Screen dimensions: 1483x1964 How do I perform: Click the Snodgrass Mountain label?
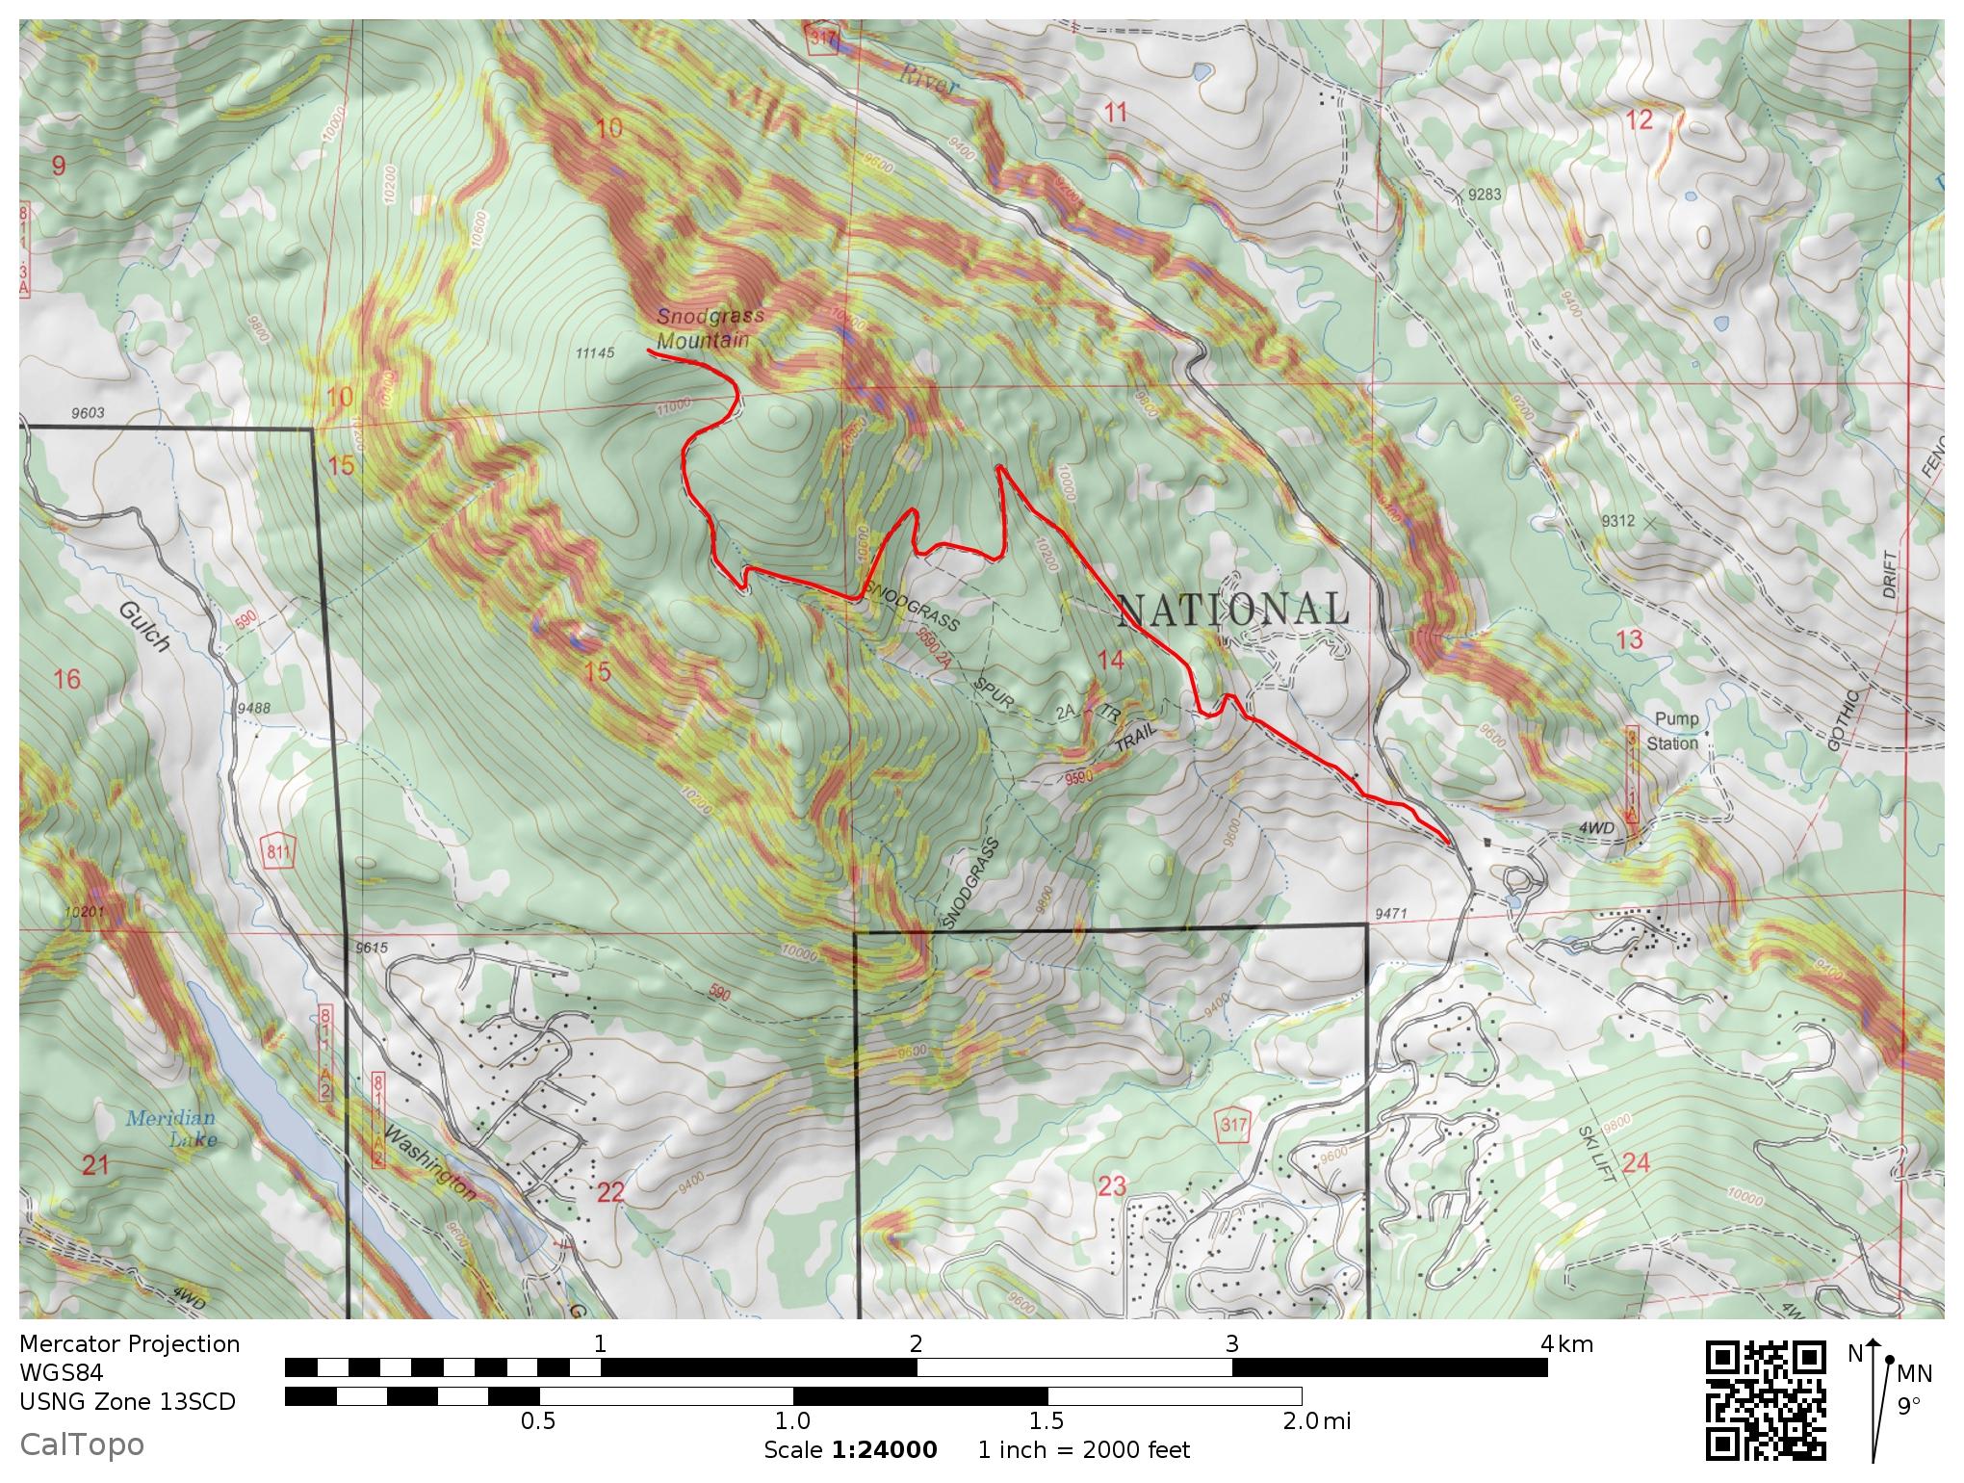[x=710, y=328]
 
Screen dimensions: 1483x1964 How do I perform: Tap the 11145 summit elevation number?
[x=594, y=353]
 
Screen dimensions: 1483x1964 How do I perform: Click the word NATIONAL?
[x=1232, y=610]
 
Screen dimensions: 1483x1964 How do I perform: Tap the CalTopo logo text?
[x=82, y=1444]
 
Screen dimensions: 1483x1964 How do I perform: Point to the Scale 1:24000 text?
[x=850, y=1450]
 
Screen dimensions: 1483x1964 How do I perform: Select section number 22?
[x=610, y=1192]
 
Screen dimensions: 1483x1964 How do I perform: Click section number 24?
[x=1636, y=1163]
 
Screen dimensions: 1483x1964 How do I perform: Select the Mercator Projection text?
[x=129, y=1344]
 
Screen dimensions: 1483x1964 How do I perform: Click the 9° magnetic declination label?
[x=1909, y=1406]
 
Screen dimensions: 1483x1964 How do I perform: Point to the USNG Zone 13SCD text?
[x=127, y=1401]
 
